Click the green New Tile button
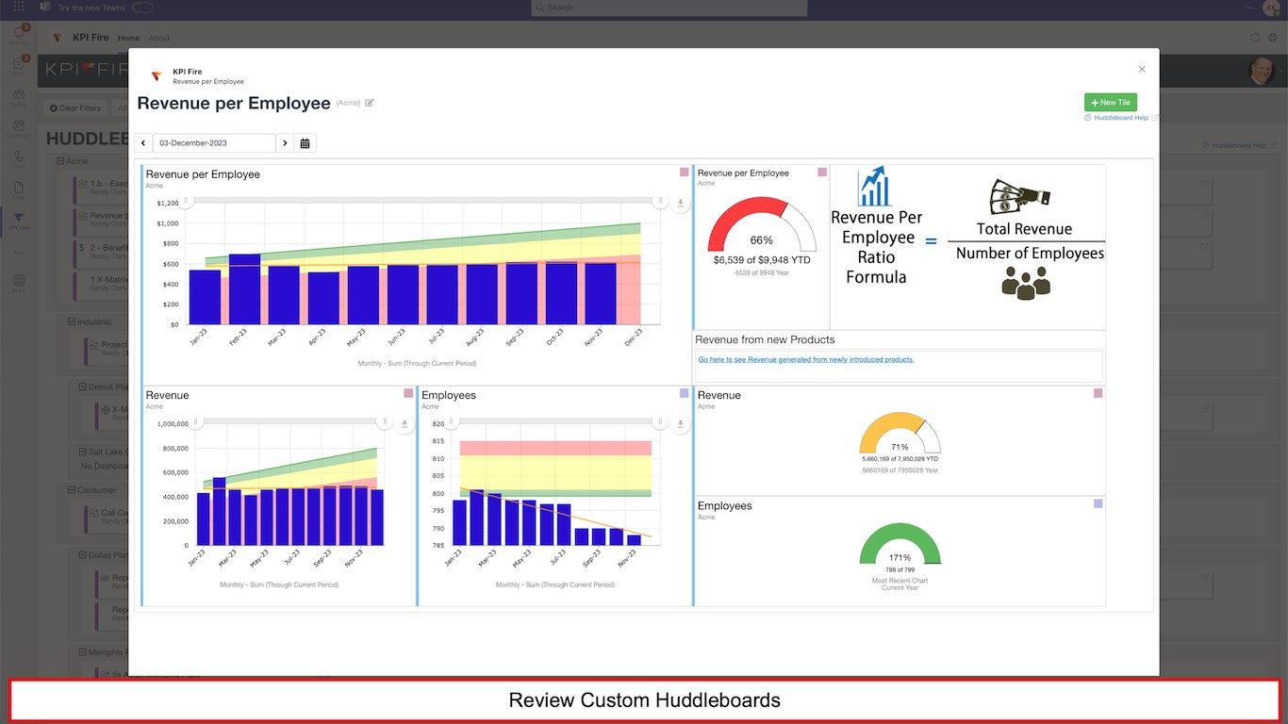pos(1110,103)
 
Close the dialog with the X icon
pos(1142,69)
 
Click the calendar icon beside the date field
pos(305,143)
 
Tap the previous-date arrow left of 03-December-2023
pos(143,143)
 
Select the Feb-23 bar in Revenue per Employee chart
pos(244,288)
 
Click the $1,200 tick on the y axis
pos(167,204)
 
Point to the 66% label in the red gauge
pos(761,240)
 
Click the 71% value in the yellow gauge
pos(900,447)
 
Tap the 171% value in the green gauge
pos(900,557)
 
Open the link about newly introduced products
pos(806,359)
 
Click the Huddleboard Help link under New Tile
pos(1121,118)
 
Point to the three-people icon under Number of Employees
pos(1026,282)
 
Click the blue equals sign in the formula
pos(931,241)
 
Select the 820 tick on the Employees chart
pos(438,424)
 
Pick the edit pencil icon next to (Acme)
pos(370,103)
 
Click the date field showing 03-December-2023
pos(214,143)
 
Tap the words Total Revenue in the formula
pos(1024,229)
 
